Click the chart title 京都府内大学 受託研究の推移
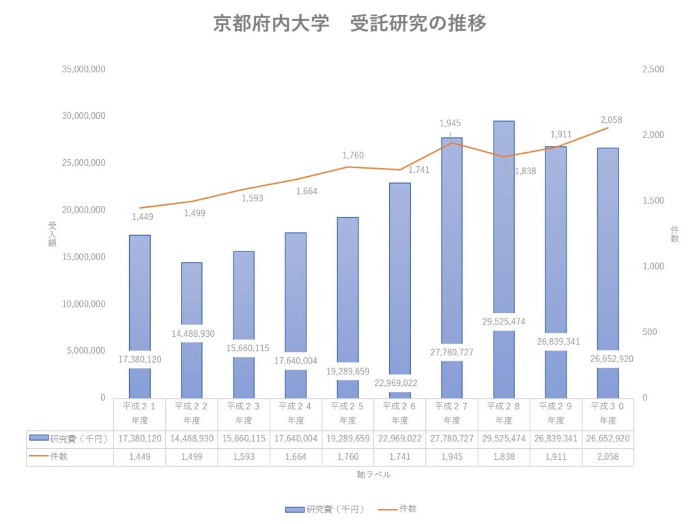[x=349, y=24]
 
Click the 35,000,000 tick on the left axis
[x=83, y=69]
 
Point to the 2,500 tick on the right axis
[x=653, y=69]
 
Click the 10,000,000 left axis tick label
[x=83, y=304]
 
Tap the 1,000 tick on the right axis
[x=653, y=266]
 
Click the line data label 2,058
[x=611, y=120]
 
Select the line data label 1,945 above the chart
[x=450, y=124]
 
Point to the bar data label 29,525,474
[x=504, y=321]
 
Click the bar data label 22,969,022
[x=400, y=383]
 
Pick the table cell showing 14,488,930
[x=191, y=438]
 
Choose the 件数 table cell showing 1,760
[x=347, y=456]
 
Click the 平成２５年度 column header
[x=347, y=413]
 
